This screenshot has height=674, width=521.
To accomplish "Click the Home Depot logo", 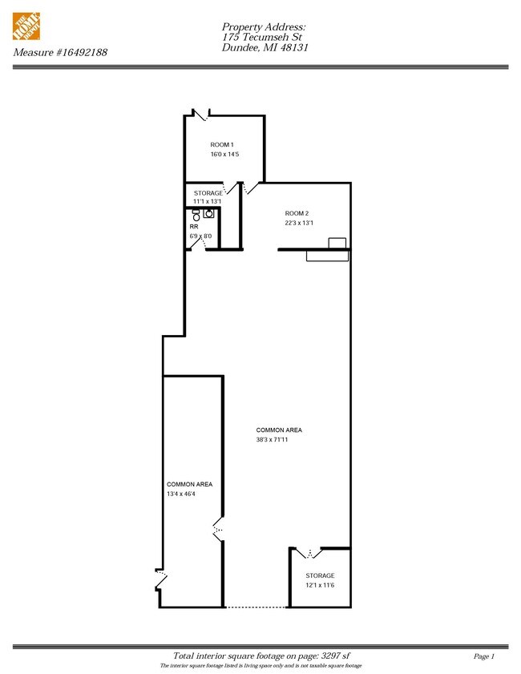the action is (x=26, y=26).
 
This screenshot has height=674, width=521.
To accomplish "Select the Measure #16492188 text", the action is (x=60, y=52).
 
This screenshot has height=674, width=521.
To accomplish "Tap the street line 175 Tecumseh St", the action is (x=262, y=37).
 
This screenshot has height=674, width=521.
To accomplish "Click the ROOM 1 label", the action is (x=222, y=145).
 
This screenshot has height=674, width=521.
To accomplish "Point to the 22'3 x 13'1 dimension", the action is (x=299, y=223).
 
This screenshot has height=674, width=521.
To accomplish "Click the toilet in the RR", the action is (x=196, y=216).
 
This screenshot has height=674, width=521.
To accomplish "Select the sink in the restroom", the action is (x=209, y=213).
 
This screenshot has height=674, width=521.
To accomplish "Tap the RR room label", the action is (x=194, y=227).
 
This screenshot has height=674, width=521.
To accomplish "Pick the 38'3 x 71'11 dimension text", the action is (x=272, y=440).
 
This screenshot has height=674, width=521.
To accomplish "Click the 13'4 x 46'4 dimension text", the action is (x=181, y=494).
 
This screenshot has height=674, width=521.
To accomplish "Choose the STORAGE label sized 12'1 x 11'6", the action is (x=320, y=575).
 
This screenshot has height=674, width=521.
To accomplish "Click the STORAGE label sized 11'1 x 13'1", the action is (x=208, y=193).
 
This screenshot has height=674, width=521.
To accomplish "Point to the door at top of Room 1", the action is (x=200, y=115).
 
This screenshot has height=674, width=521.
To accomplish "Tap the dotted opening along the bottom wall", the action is (x=256, y=607).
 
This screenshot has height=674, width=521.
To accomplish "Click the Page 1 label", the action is (x=484, y=656).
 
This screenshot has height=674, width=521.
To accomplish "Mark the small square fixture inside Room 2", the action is (x=337, y=244).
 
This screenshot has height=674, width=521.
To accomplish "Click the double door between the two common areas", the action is (x=218, y=528).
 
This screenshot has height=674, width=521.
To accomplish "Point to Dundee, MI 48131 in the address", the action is (x=265, y=47).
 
